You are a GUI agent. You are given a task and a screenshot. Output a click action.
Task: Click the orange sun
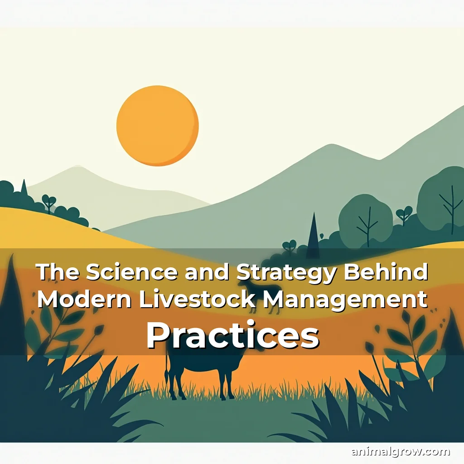(157, 126)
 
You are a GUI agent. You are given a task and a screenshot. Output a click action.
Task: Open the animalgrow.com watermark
(401, 451)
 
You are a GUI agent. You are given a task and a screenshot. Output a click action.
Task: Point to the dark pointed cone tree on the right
(313, 233)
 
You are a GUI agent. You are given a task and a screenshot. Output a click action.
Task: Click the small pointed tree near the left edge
(24, 188)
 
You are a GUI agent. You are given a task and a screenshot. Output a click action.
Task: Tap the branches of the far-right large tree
(449, 204)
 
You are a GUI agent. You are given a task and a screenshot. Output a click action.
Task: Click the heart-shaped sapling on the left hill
(48, 202)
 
